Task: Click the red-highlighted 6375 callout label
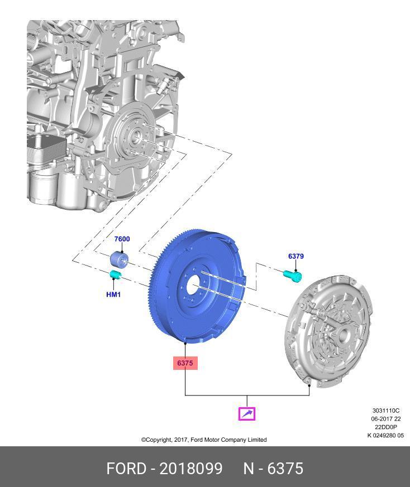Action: pyautogui.click(x=185, y=363)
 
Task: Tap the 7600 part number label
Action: pyautogui.click(x=122, y=239)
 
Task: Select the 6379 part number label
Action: pyautogui.click(x=296, y=257)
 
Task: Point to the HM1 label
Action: pyautogui.click(x=113, y=295)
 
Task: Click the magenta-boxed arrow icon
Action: pyautogui.click(x=247, y=413)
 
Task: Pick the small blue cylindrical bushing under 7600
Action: pyautogui.click(x=119, y=259)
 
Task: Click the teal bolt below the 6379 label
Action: pyautogui.click(x=293, y=275)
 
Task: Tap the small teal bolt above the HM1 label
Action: pyautogui.click(x=115, y=274)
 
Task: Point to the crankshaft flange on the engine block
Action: pyautogui.click(x=135, y=137)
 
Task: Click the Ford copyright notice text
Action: pyautogui.click(x=204, y=440)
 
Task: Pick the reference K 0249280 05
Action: pyautogui.click(x=385, y=436)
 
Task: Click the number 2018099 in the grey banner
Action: pyautogui.click(x=191, y=468)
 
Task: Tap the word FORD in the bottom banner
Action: pyautogui.click(x=126, y=468)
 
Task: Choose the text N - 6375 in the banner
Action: pyautogui.click(x=273, y=468)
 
